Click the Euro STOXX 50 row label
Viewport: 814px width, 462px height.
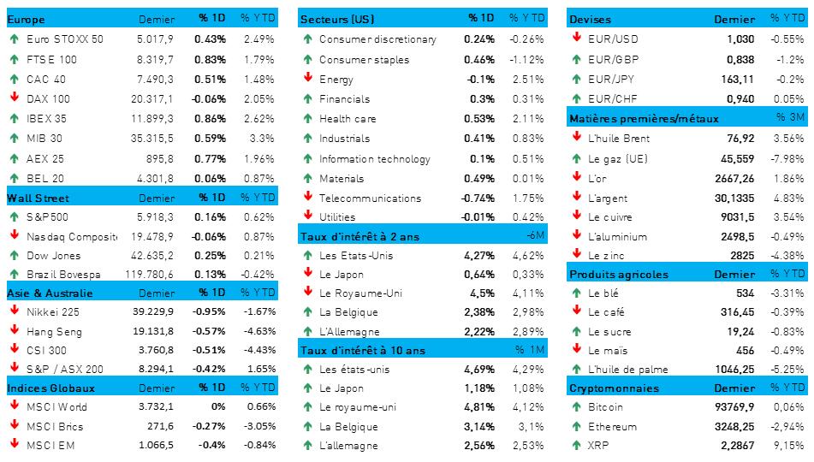point(65,38)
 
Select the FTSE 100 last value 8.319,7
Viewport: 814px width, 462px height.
point(154,59)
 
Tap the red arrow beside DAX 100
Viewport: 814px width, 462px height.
point(15,98)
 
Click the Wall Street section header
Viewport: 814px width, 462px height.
point(32,198)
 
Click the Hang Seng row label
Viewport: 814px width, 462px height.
point(53,333)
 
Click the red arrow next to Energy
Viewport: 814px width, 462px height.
point(307,79)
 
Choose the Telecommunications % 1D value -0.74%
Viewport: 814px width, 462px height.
point(476,198)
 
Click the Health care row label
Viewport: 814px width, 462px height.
point(347,118)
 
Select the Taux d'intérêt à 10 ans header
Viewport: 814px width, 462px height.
point(363,350)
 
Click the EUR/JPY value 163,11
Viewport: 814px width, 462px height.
point(739,79)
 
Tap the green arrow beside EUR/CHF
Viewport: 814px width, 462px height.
point(577,98)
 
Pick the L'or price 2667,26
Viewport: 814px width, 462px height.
point(734,178)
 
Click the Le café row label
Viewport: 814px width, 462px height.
point(606,313)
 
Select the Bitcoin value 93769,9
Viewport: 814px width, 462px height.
point(734,407)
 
